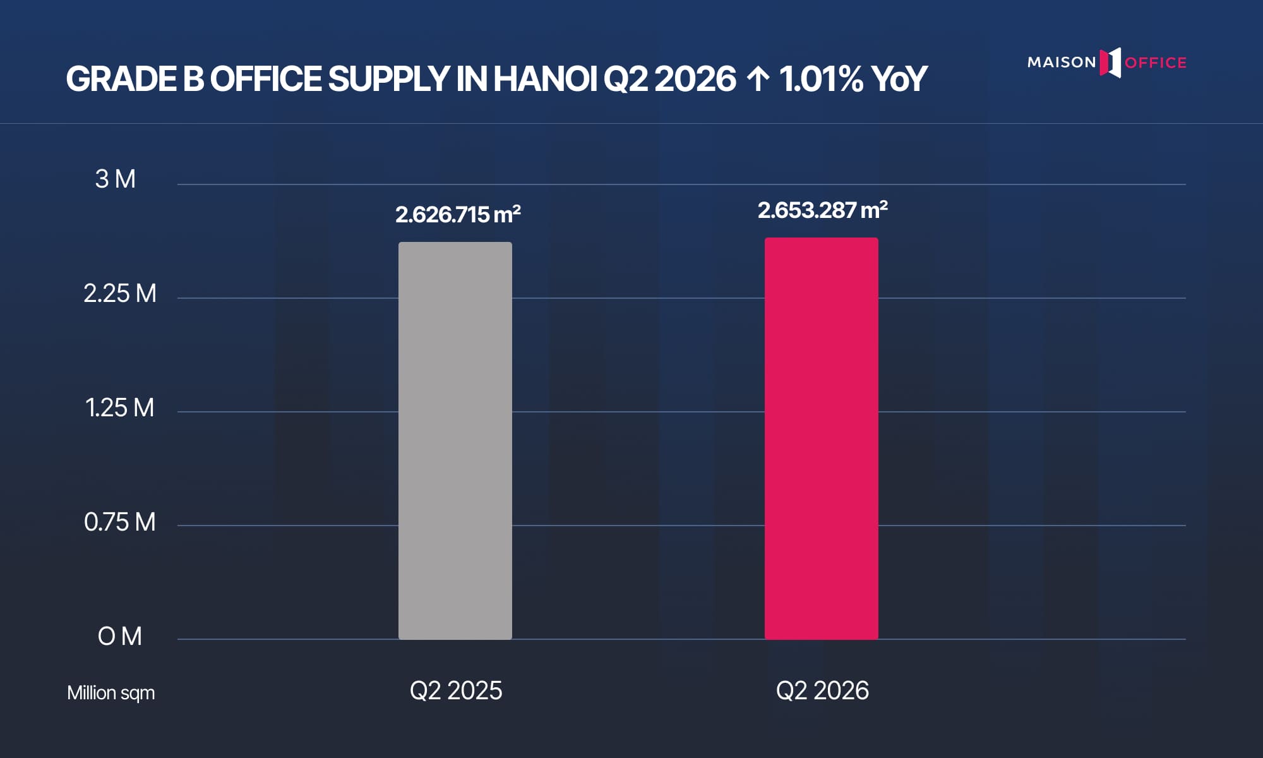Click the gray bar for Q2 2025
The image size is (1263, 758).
(455, 441)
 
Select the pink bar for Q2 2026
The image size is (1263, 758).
(822, 438)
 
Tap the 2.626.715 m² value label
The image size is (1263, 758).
(458, 215)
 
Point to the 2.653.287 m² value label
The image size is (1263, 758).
(822, 210)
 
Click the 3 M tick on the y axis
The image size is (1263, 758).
(116, 179)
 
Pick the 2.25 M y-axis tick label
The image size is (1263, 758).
(120, 294)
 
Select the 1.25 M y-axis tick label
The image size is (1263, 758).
(120, 408)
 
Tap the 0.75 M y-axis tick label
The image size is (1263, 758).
(120, 522)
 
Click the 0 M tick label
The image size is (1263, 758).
(120, 636)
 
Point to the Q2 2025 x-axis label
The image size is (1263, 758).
(456, 690)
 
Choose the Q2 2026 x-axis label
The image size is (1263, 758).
(822, 690)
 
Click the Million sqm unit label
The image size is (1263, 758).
(111, 693)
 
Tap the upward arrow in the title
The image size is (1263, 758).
(758, 80)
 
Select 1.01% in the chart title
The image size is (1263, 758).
(821, 79)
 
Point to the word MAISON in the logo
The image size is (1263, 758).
(1062, 63)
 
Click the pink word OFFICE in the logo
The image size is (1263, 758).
(1156, 63)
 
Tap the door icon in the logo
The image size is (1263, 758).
(1110, 63)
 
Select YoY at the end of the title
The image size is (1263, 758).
(899, 79)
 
